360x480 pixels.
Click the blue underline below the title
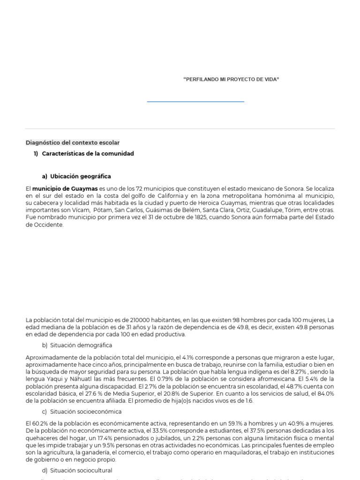195,101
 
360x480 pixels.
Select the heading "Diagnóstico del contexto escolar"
73,142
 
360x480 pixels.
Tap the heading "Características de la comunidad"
88,154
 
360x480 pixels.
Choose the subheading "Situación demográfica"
81,345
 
